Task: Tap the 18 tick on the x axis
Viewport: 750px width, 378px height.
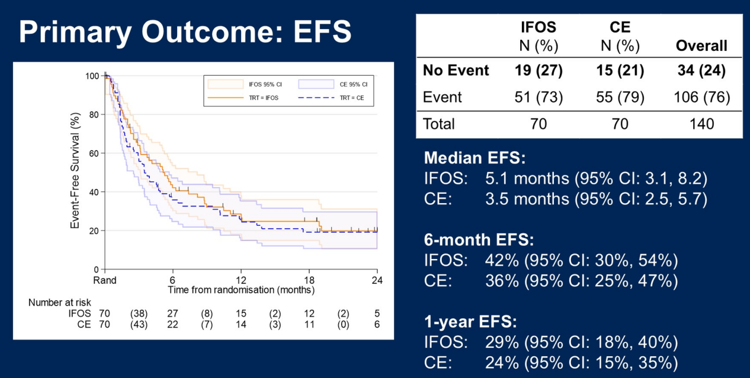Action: (x=309, y=280)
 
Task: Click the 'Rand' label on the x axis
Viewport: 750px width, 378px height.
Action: (x=104, y=280)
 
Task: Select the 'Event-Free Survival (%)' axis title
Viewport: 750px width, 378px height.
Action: (x=75, y=172)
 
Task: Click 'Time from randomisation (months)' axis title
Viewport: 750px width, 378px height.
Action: (x=241, y=290)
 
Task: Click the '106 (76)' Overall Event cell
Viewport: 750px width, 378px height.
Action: (x=701, y=97)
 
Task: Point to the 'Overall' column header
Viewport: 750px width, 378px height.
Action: (x=701, y=46)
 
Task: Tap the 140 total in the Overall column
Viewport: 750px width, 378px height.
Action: (x=701, y=124)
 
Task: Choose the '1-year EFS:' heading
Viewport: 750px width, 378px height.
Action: (x=470, y=322)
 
